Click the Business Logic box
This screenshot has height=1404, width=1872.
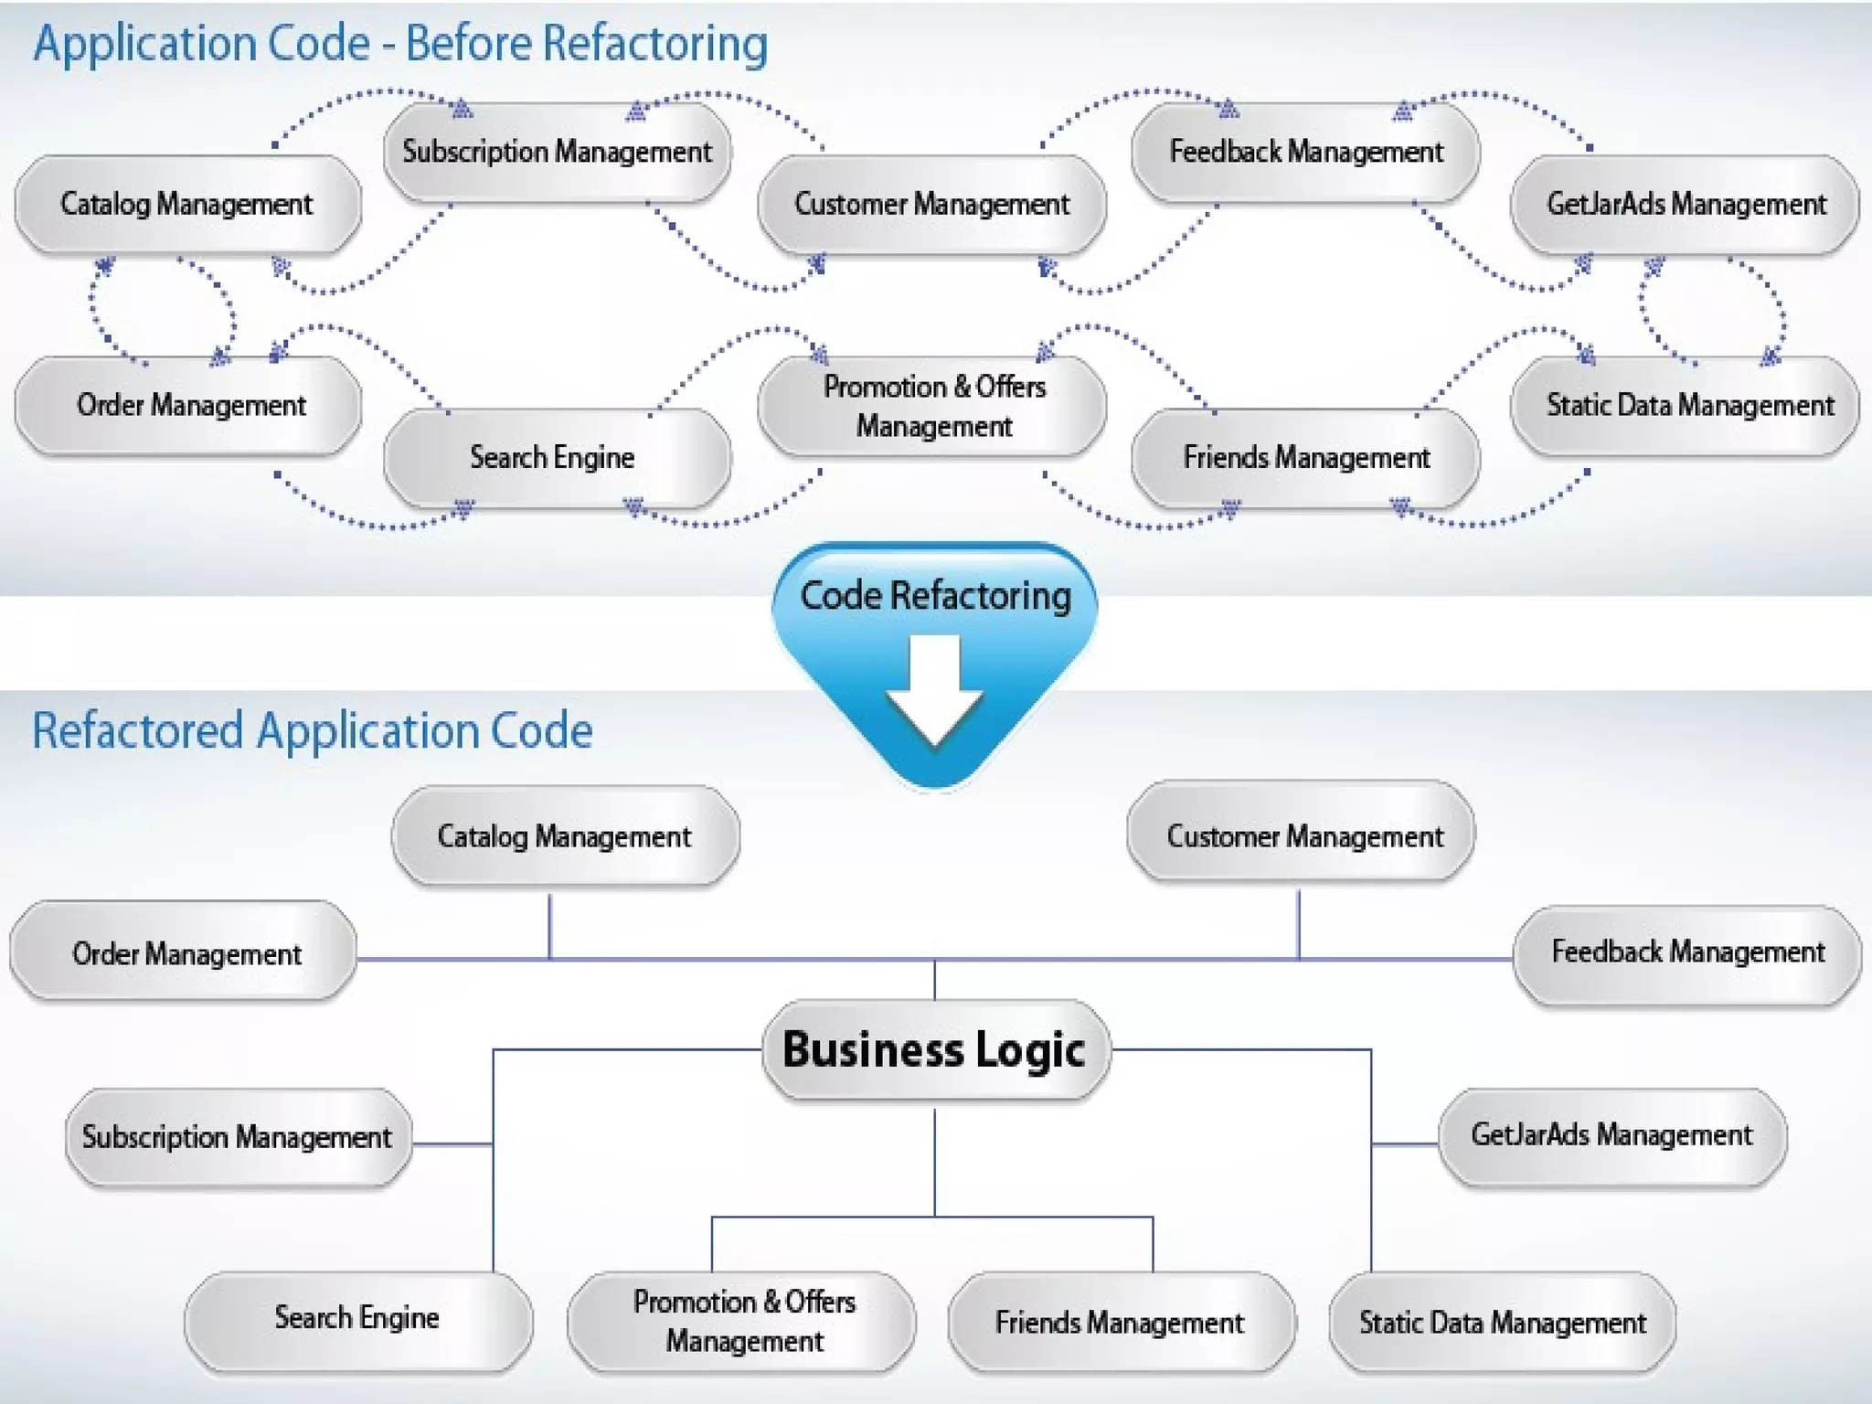pos(935,1049)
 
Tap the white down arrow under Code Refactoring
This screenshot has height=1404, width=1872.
pos(934,690)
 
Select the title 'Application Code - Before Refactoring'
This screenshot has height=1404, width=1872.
pos(400,44)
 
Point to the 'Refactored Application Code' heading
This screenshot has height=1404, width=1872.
pos(313,730)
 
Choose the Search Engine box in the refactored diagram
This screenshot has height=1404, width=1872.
pos(358,1318)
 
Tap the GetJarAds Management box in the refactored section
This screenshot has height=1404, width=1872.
pos(1611,1135)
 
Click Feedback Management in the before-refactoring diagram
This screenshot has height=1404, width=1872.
pos(1305,152)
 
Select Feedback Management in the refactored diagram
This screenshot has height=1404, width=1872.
pos(1686,952)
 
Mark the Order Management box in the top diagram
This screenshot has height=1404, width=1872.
pos(189,405)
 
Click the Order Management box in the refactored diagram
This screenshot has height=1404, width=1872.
pos(186,954)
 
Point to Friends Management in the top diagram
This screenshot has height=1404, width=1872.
pos(1305,457)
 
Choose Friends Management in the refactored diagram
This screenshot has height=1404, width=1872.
pos(1120,1322)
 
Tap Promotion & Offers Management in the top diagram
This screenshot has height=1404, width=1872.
pos(933,406)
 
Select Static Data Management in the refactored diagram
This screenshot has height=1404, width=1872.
pos(1502,1322)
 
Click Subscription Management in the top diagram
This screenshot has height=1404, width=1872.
pos(557,152)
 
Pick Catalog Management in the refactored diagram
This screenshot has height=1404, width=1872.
pos(565,836)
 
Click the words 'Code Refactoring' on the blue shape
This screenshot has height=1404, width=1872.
pos(935,596)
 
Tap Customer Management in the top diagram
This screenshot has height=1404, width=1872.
pos(931,204)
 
